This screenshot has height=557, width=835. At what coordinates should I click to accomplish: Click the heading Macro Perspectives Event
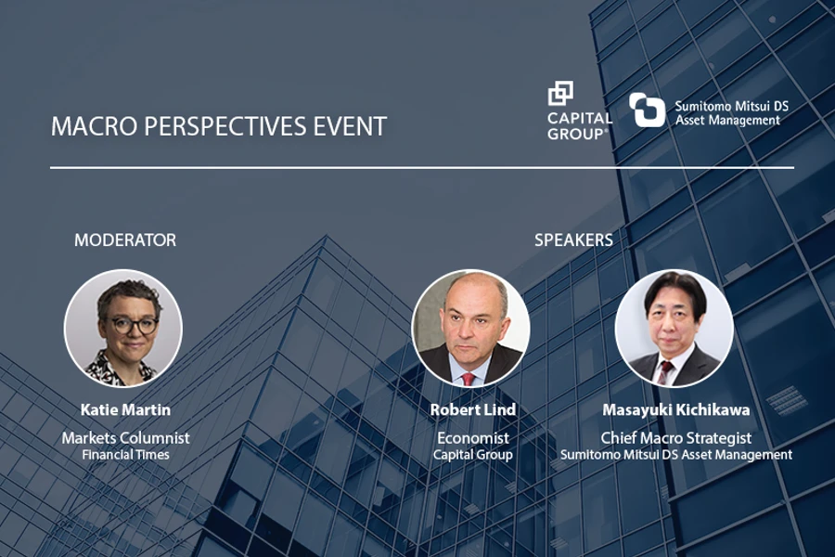point(219,127)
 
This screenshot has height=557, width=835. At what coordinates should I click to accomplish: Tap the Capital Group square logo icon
point(560,93)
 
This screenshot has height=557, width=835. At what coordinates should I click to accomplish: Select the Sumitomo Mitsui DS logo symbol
point(647,110)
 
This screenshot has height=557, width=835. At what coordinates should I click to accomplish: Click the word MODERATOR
point(125,240)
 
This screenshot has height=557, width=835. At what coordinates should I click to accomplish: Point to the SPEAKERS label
point(573,240)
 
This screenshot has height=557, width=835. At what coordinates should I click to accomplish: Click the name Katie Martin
point(125,410)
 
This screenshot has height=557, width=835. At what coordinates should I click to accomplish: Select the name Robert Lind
point(473,410)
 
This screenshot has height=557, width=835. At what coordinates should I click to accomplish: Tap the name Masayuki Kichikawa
point(676,410)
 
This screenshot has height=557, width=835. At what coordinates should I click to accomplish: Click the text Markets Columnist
point(125,438)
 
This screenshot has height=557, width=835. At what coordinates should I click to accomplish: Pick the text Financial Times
point(125,455)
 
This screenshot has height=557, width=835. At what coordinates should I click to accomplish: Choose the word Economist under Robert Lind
point(473,438)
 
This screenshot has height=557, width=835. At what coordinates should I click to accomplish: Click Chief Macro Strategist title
point(676,438)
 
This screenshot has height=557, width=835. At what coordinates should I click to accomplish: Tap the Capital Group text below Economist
point(473,455)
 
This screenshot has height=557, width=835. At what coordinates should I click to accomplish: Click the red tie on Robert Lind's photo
point(469,380)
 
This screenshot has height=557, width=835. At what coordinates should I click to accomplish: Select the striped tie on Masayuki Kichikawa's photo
point(664,372)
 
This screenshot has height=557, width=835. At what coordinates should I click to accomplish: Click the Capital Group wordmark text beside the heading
point(580,126)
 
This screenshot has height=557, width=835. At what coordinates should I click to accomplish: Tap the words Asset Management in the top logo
point(728,121)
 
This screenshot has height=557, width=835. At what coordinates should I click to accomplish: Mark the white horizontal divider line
point(422,168)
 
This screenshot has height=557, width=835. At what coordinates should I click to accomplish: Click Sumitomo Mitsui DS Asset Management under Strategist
point(676,455)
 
